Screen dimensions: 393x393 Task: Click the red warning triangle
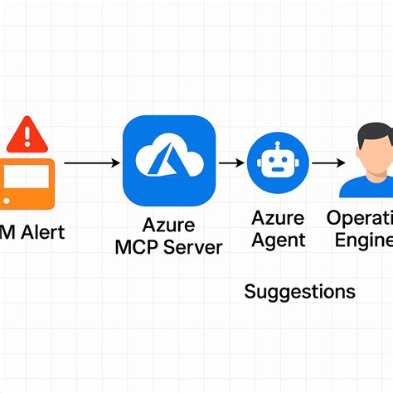tap(28, 133)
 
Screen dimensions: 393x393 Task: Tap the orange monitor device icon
tap(25, 182)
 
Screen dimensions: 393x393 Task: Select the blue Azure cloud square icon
tap(169, 161)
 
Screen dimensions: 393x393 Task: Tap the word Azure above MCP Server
tap(168, 225)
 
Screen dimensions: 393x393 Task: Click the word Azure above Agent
tap(279, 218)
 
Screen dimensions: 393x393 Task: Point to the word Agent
tap(279, 240)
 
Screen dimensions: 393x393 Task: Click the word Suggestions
tap(300, 292)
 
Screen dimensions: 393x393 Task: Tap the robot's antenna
tap(279, 144)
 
